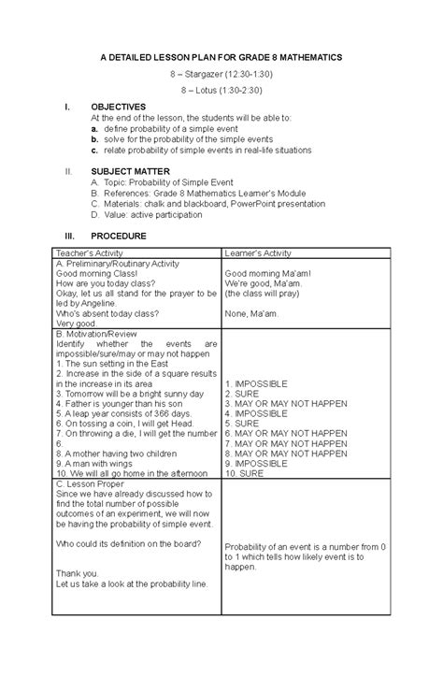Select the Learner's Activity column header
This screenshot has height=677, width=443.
point(258,253)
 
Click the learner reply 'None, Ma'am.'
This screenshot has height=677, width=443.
point(250,314)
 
